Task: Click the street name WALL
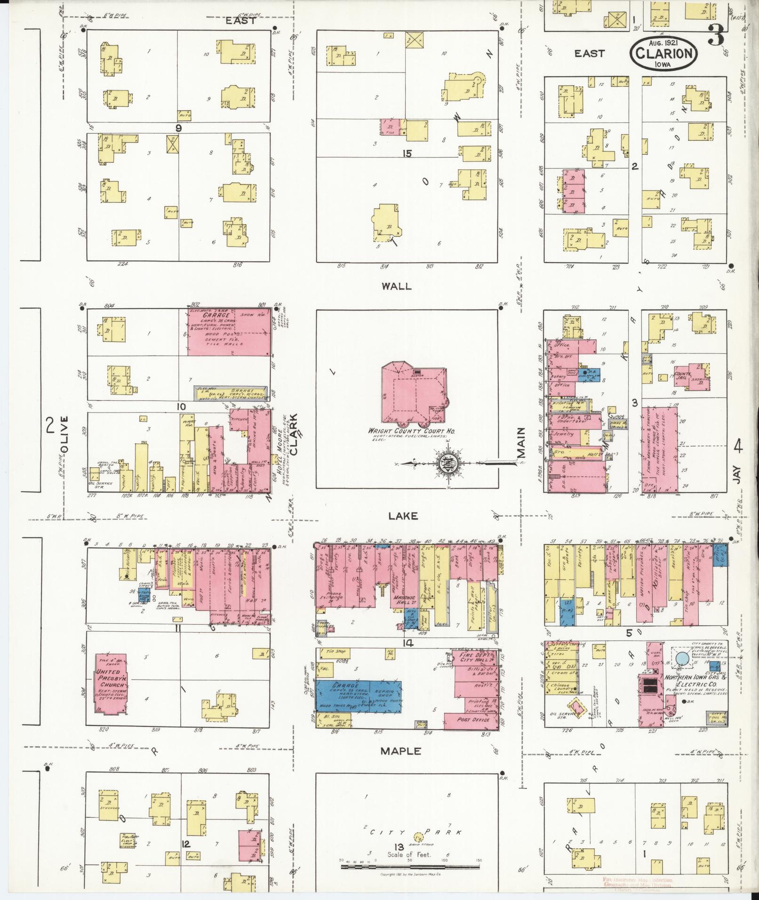[x=398, y=286]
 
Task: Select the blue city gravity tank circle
[x=681, y=658]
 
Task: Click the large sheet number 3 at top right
[x=716, y=38]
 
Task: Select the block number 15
[x=407, y=153]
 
